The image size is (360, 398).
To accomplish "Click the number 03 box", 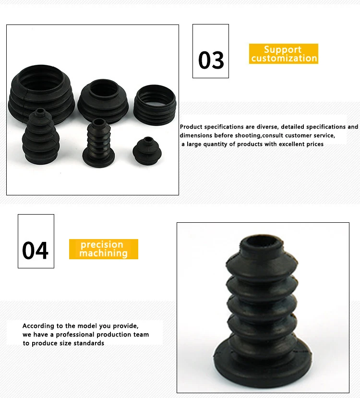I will (x=211, y=51).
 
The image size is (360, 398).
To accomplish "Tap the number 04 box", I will (x=36, y=241).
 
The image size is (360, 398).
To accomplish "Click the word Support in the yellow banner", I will (x=283, y=49).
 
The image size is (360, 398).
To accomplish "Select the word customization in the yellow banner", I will (x=284, y=59).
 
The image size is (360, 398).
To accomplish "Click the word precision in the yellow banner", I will (x=102, y=244).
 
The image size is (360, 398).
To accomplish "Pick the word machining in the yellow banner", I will (x=103, y=253).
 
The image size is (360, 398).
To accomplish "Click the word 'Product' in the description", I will (x=191, y=127).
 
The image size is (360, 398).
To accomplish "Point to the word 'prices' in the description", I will (x=313, y=144).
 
